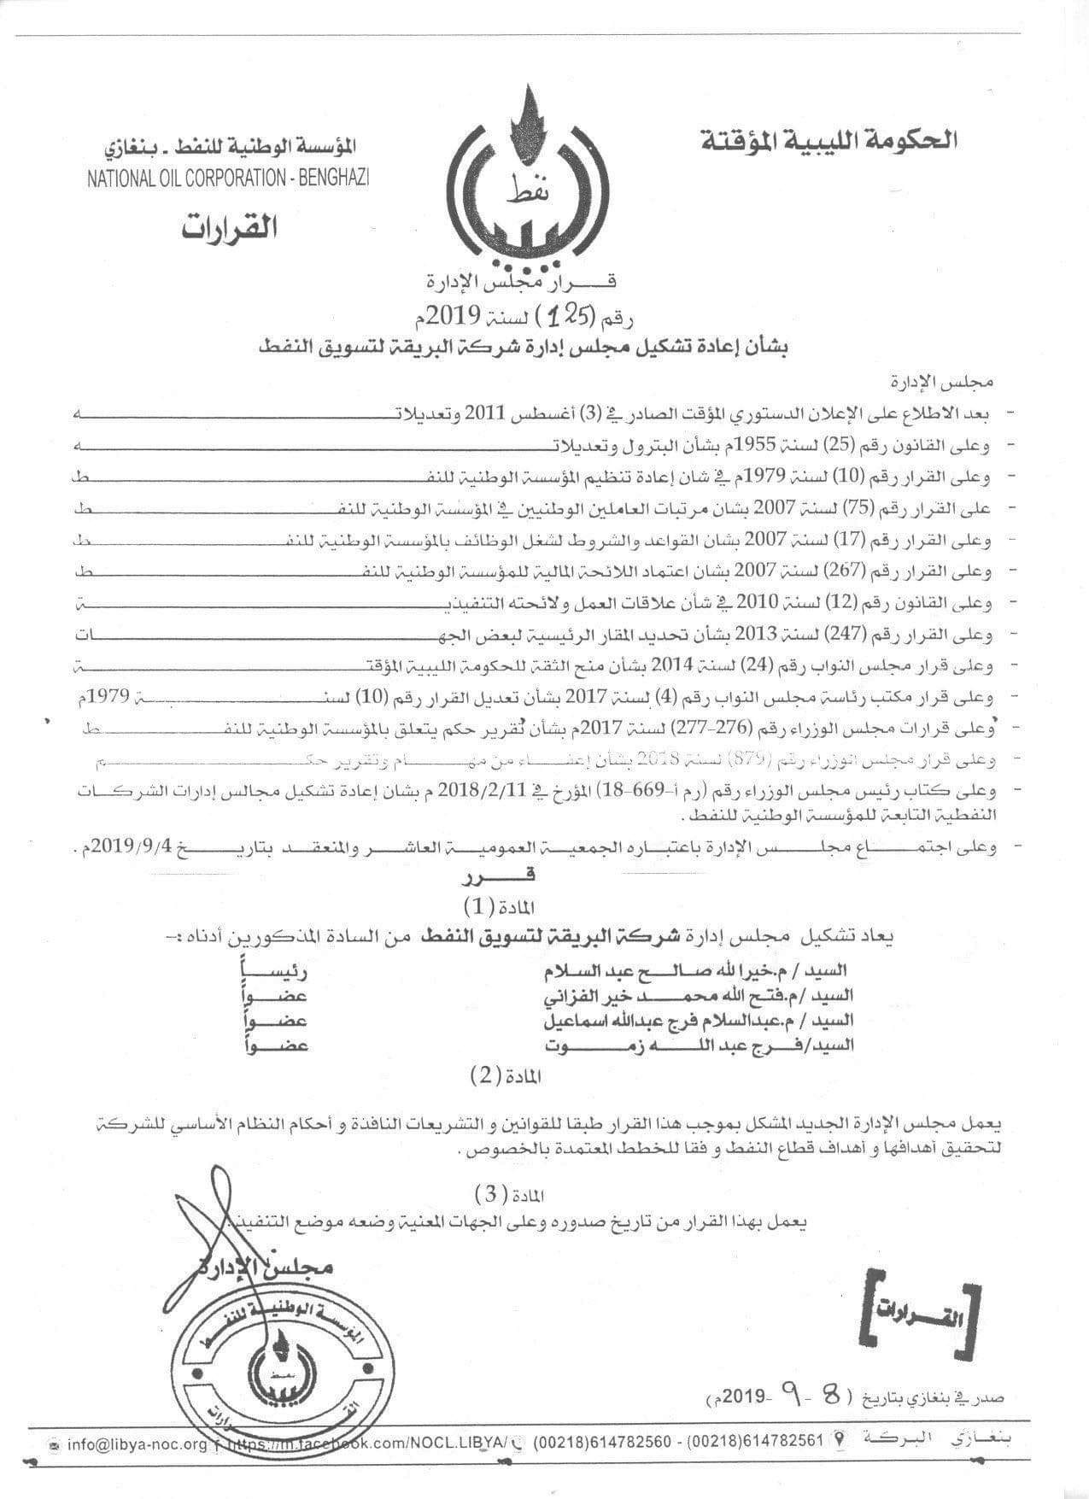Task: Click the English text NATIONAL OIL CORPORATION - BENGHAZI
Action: pyautogui.click(x=228, y=178)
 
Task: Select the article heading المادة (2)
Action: pyautogui.click(x=505, y=1077)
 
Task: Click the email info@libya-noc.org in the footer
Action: pyautogui.click(x=137, y=1444)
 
